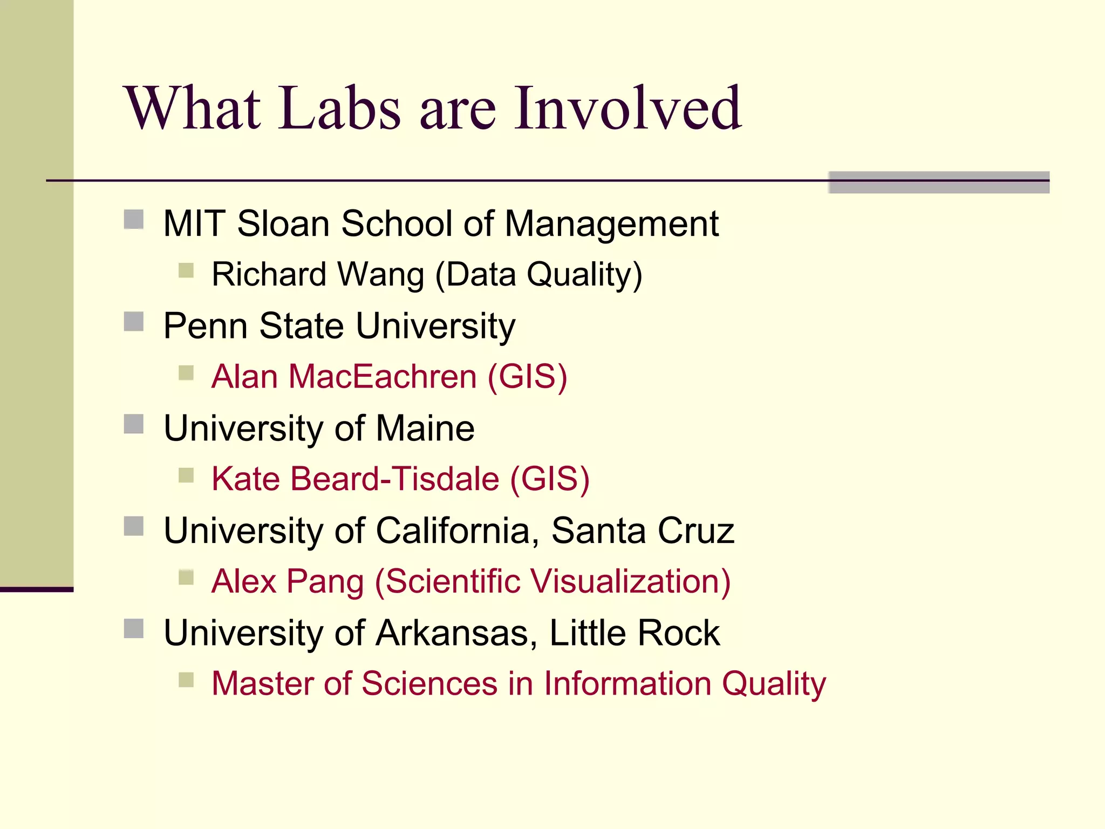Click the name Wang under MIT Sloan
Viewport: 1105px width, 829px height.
[x=381, y=274]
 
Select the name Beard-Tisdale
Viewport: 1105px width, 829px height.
[x=395, y=479]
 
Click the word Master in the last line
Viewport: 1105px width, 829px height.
[x=262, y=683]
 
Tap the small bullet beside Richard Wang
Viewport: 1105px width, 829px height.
[x=186, y=270]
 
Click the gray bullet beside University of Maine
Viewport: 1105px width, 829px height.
[x=133, y=424]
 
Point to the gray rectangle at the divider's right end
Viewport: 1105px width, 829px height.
[x=938, y=182]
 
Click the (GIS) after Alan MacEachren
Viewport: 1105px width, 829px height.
[x=527, y=376]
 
